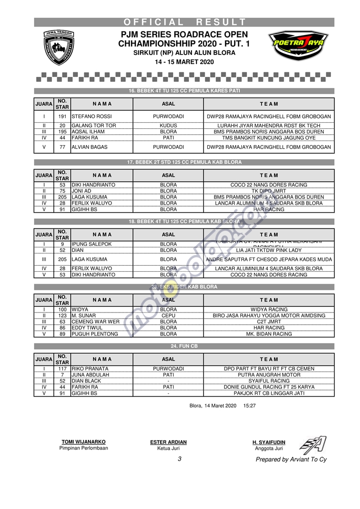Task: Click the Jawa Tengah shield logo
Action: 58,47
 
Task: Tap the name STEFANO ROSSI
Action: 92,117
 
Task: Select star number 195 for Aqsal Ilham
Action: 62,131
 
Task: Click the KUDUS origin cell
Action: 168,125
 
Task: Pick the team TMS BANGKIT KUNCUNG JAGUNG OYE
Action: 268,137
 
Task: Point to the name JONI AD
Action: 81,191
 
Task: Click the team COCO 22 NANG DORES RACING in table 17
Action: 268,185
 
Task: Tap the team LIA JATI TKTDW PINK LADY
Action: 268,250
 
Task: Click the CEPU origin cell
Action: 168,316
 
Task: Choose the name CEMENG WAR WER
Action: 96,322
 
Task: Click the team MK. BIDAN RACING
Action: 268,334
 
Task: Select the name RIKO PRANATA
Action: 90,369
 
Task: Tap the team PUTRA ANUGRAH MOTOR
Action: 268,375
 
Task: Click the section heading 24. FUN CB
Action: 184,346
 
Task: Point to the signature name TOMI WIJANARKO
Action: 84,442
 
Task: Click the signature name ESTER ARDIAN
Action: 168,442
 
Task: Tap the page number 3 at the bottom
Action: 179,459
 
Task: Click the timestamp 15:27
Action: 250,406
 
